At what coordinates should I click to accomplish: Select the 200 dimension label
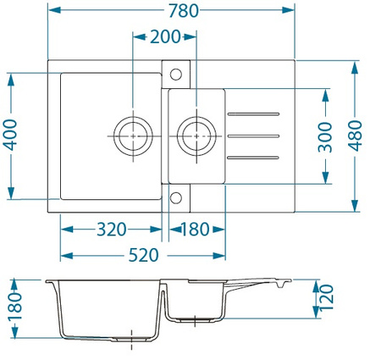coord(164,36)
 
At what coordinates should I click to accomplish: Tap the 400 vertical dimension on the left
coord(10,134)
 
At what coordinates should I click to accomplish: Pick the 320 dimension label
coord(110,230)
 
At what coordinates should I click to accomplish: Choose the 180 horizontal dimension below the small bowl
coord(194,230)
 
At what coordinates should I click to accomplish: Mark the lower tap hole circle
coord(176,198)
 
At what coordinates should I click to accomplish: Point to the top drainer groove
coord(254,114)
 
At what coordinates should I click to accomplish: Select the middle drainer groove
coord(254,136)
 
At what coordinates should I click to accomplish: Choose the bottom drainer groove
coord(254,158)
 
